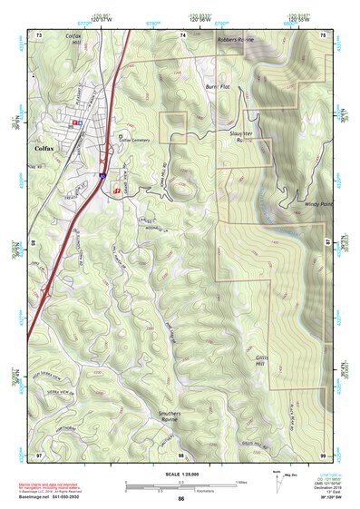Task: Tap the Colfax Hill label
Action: pyautogui.click(x=48, y=39)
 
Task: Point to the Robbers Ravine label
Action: pyautogui.click(x=238, y=41)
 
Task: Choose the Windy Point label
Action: pyautogui.click(x=318, y=205)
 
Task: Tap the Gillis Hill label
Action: pyautogui.click(x=263, y=361)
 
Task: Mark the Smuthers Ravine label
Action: pyautogui.click(x=170, y=416)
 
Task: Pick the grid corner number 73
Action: pyautogui.click(x=39, y=34)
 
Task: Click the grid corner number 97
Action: pyautogui.click(x=39, y=454)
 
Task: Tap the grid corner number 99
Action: pyautogui.click(x=323, y=454)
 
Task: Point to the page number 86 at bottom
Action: pyautogui.click(x=181, y=499)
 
